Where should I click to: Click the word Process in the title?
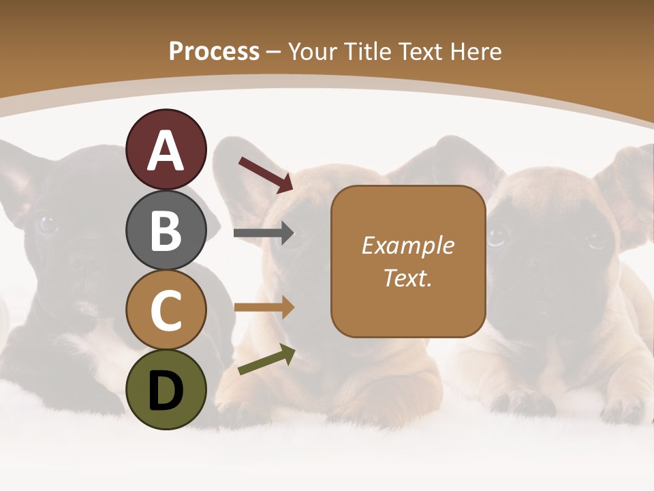tap(214, 51)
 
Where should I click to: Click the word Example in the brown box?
tap(407, 245)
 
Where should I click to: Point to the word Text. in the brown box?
tap(407, 278)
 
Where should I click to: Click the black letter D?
tap(166, 391)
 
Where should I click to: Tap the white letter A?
tap(166, 151)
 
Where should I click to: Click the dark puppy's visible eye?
tap(46, 223)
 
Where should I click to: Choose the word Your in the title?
tap(313, 51)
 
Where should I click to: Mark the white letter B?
tap(166, 231)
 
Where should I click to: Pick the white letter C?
tap(166, 310)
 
